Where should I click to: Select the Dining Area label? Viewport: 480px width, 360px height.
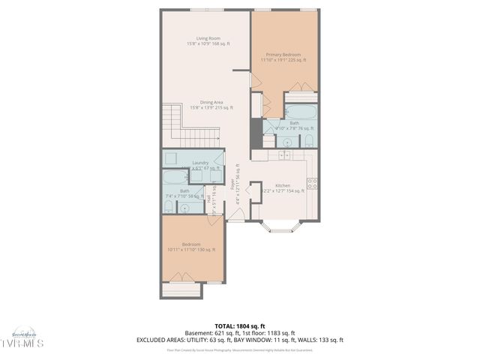click(211, 103)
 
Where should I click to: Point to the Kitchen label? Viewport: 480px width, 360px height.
click(283, 185)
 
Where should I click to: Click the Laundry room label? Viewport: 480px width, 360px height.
click(200, 163)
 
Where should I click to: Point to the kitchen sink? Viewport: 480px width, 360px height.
click(285, 154)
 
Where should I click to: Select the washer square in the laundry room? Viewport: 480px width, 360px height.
click(171, 158)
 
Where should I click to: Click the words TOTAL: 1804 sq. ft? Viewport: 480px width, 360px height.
click(240, 325)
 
